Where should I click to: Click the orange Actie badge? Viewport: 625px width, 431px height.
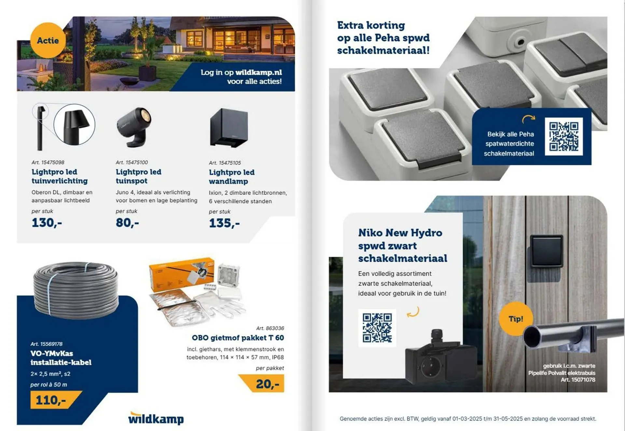pyautogui.click(x=48, y=40)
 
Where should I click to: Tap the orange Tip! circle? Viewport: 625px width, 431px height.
pyautogui.click(x=516, y=319)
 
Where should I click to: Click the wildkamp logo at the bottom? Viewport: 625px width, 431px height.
pyautogui.click(x=156, y=418)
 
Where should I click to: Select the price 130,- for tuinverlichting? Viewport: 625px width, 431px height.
pyautogui.click(x=47, y=223)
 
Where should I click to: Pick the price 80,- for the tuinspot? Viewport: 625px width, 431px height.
pyautogui.click(x=127, y=223)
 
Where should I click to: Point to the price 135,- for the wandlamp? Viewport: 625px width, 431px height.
pyautogui.click(x=224, y=223)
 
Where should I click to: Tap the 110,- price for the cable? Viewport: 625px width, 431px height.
pyautogui.click(x=56, y=400)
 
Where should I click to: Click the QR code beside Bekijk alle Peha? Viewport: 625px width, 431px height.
pyautogui.click(x=564, y=137)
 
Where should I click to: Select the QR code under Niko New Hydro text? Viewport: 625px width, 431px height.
pyautogui.click(x=377, y=328)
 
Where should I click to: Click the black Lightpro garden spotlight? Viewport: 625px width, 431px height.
pyautogui.click(x=134, y=127)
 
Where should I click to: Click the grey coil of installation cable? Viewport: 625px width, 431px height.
pyautogui.click(x=76, y=290)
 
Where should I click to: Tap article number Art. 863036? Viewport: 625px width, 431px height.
pyautogui.click(x=270, y=328)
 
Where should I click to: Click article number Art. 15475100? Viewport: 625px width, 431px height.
pyautogui.click(x=132, y=162)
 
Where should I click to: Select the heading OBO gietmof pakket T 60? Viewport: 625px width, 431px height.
pyautogui.click(x=238, y=338)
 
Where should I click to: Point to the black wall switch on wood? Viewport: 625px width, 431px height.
pyautogui.click(x=547, y=251)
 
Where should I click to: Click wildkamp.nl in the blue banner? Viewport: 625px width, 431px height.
pyautogui.click(x=258, y=72)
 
